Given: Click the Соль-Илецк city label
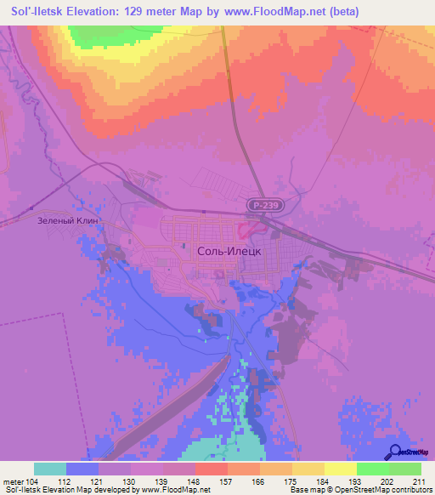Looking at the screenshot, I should pos(233,253).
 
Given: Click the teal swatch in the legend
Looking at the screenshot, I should pos(50,469).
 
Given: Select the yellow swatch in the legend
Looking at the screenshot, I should pos(340,469).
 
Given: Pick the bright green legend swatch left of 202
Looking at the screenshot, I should pos(372,469).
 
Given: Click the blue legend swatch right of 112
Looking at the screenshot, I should pos(82,469).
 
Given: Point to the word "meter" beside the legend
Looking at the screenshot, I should pos(15,481).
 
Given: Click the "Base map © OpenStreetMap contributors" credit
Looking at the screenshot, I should pos(359,490).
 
